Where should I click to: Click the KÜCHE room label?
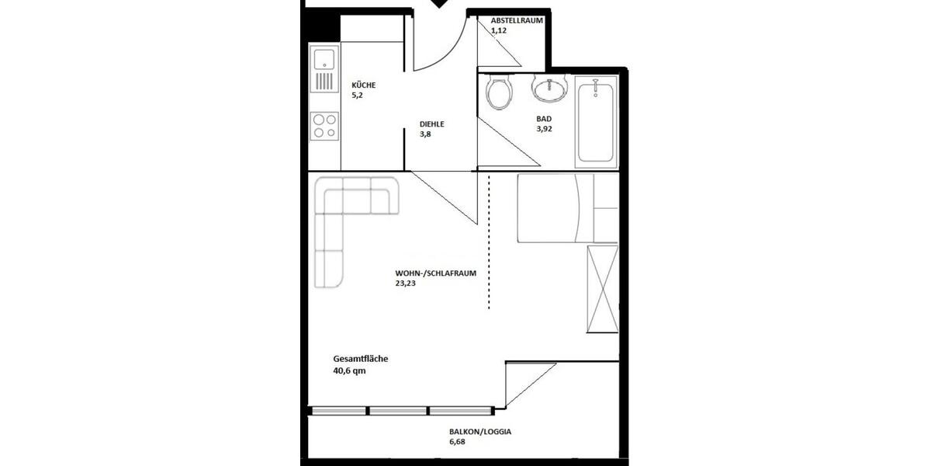click(365, 85)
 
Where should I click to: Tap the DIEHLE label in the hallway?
click(432, 123)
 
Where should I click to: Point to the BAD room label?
click(544, 119)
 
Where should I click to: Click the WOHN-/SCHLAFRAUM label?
click(434, 273)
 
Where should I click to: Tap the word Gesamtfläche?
click(360, 359)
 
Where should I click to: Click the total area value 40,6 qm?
click(349, 371)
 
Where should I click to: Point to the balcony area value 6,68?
click(459, 443)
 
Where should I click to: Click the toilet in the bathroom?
click(499, 92)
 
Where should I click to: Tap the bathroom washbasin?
click(550, 89)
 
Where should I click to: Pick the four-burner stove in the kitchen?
click(324, 127)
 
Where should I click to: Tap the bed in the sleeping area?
click(555, 207)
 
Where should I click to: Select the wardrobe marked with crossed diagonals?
click(603, 288)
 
